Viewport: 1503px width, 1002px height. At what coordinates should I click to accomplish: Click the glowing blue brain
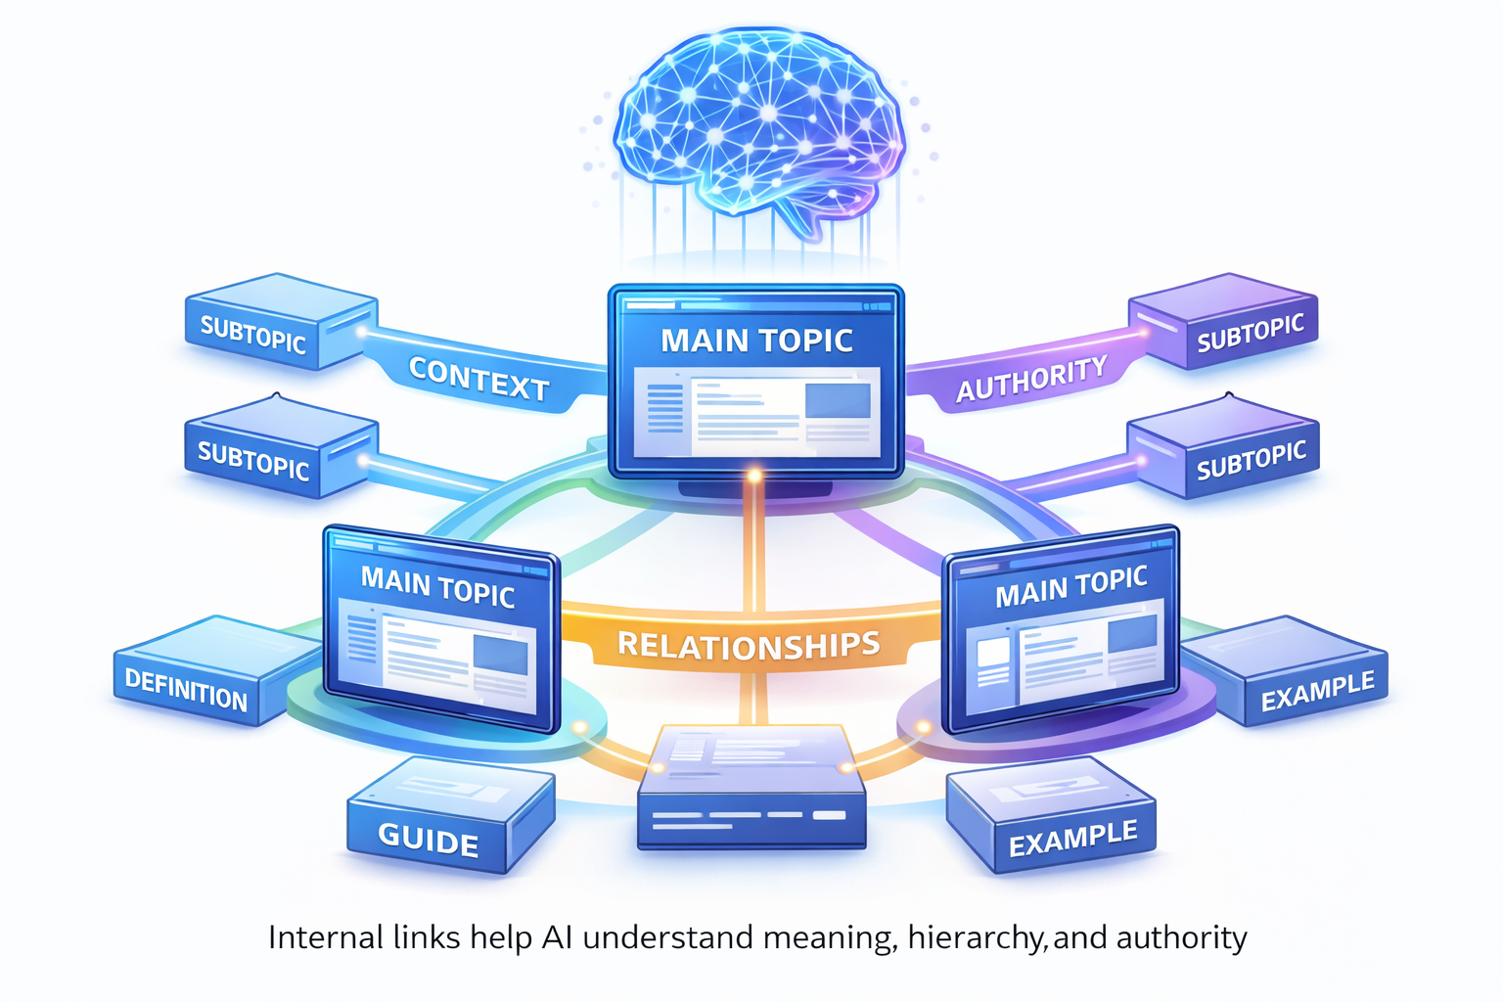click(x=758, y=122)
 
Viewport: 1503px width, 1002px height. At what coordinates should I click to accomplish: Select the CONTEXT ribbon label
click(x=478, y=379)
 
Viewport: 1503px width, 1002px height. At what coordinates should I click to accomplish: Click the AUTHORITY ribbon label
click(x=1031, y=379)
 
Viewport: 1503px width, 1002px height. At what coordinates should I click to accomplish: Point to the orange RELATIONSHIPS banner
click(x=749, y=644)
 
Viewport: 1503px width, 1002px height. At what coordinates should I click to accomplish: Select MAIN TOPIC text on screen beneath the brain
click(x=756, y=341)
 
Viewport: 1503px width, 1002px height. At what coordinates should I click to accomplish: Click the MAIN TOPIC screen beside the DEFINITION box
click(x=440, y=631)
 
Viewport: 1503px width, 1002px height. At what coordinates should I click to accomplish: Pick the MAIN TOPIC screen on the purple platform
click(x=1062, y=631)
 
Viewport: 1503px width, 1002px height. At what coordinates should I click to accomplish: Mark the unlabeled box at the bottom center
click(x=751, y=788)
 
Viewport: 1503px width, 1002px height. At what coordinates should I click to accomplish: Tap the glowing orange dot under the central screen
click(x=754, y=477)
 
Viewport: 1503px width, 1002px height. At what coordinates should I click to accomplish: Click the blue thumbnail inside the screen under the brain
click(x=837, y=400)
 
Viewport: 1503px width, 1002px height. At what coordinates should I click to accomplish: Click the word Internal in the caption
click(x=326, y=937)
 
